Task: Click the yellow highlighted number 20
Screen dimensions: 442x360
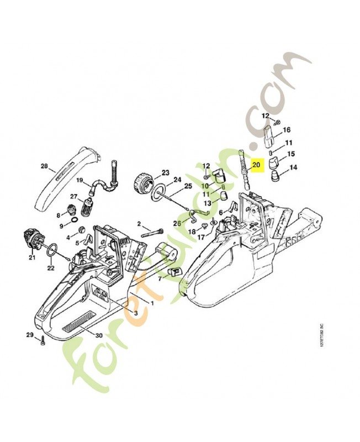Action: click(x=256, y=165)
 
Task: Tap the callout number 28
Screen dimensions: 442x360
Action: click(x=45, y=166)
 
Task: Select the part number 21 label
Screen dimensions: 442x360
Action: click(x=31, y=257)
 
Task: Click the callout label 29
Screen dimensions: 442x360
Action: click(x=30, y=335)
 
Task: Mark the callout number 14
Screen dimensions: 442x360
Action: click(x=293, y=167)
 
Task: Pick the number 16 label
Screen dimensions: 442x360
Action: click(x=287, y=130)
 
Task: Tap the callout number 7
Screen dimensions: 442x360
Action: click(x=160, y=279)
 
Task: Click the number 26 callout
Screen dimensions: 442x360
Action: click(x=177, y=223)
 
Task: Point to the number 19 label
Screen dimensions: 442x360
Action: click(x=80, y=180)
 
